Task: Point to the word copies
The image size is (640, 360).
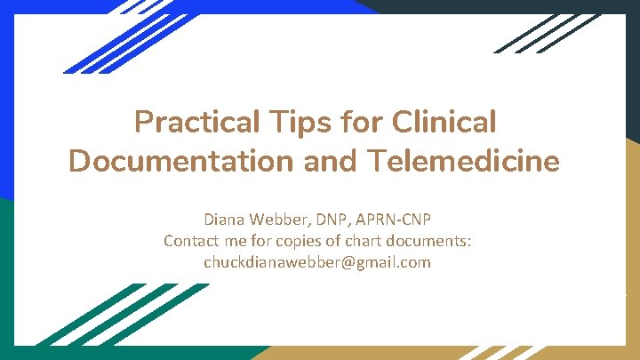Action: [x=303, y=241]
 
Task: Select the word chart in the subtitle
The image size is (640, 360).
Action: [x=363, y=241]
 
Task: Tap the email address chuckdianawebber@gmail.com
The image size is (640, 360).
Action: [x=317, y=262]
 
